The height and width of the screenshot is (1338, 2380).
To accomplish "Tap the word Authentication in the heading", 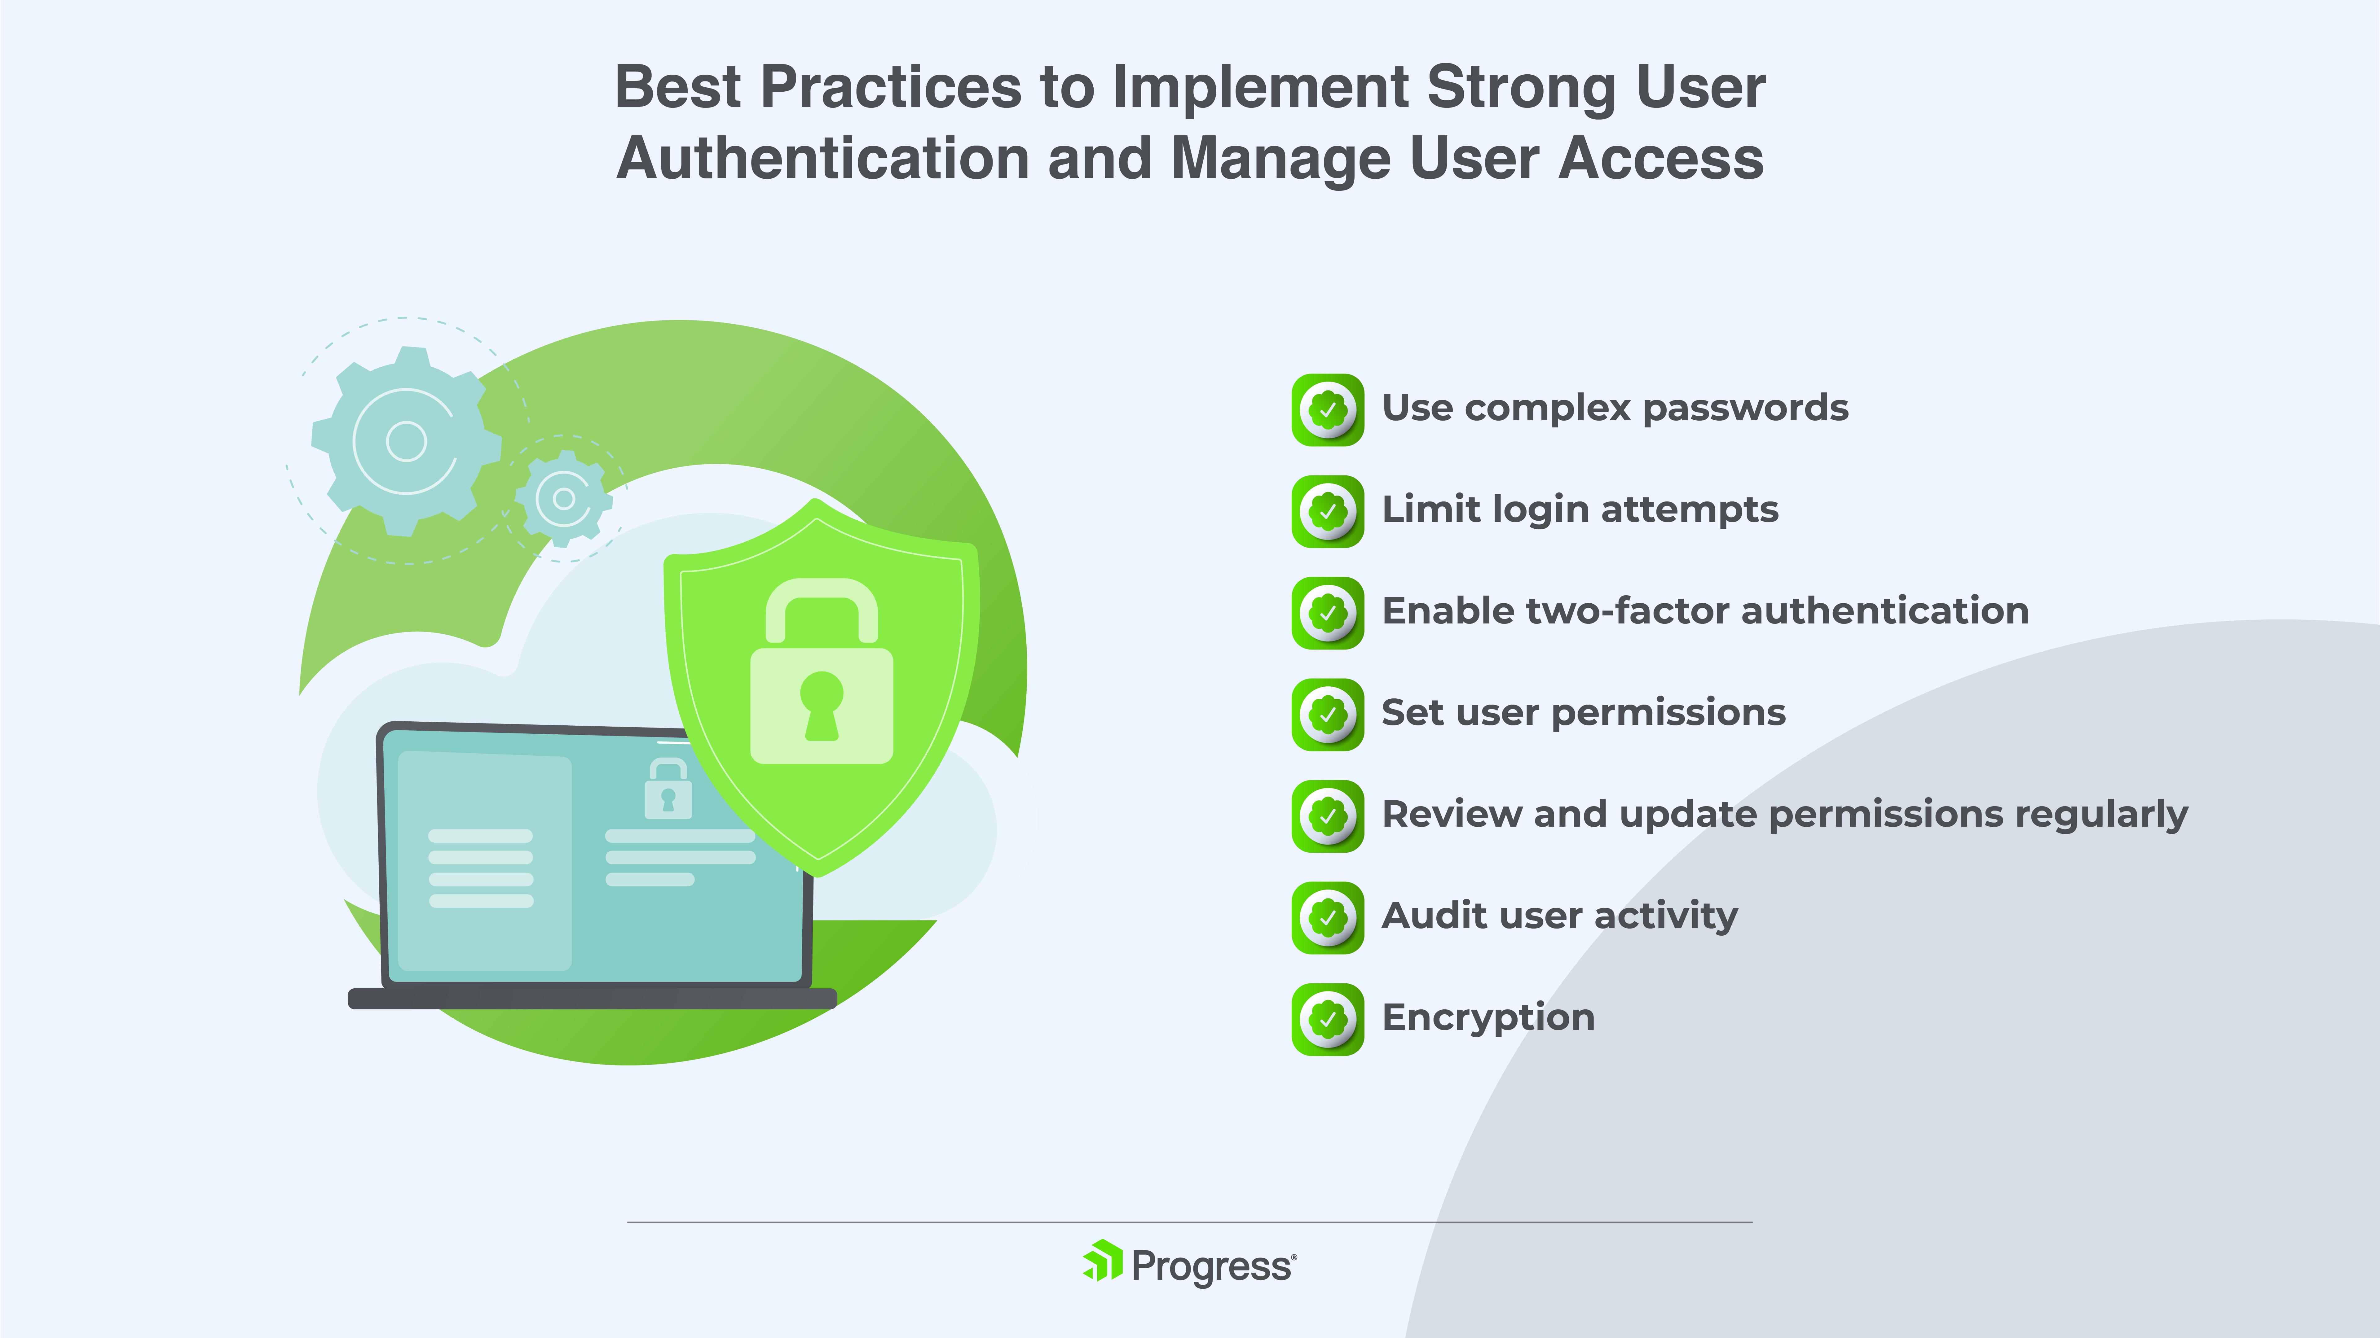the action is [x=823, y=159].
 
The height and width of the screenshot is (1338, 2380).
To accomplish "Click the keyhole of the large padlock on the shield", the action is [x=821, y=705].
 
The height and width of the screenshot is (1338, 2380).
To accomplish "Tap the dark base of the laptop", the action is [x=592, y=998].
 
